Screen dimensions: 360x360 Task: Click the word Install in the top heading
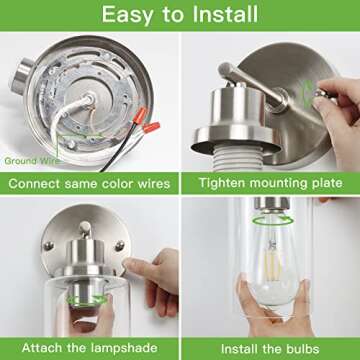click(226, 14)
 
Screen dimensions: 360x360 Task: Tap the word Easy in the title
click(126, 15)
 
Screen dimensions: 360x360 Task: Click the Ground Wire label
click(33, 161)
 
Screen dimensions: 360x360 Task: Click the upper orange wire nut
click(139, 115)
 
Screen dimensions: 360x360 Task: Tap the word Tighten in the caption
click(222, 183)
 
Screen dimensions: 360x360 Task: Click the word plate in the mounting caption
click(326, 183)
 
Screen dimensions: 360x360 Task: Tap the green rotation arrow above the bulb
click(273, 220)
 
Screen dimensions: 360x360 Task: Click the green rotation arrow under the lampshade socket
click(87, 300)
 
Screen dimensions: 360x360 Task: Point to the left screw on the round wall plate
click(48, 246)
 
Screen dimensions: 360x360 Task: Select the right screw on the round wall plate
click(119, 246)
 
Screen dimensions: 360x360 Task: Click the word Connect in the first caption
click(34, 184)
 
